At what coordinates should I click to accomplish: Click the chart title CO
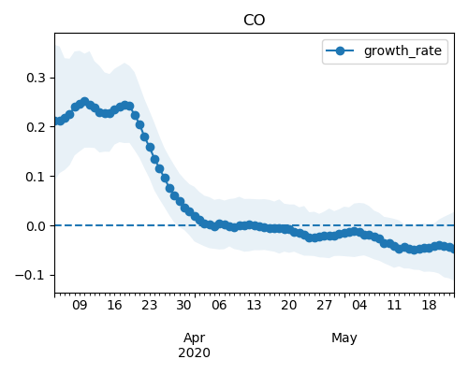coord(255,20)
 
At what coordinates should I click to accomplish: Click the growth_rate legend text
coord(402,50)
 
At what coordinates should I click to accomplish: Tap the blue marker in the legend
coord(340,50)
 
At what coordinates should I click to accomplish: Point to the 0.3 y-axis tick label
coord(37,78)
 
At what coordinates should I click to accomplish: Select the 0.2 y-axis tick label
coord(37,127)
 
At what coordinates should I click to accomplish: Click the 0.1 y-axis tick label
coord(37,177)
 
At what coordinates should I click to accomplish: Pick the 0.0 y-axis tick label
coord(37,226)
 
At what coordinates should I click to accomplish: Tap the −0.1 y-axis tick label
coord(30,276)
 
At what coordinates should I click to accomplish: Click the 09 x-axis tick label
coord(80,305)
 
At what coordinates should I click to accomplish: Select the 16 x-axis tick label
coord(114,305)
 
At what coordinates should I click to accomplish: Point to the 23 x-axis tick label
coord(150,305)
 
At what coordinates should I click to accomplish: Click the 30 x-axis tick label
coord(184,305)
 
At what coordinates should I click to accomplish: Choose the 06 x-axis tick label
coord(219,305)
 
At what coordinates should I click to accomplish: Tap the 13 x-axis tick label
coord(254,305)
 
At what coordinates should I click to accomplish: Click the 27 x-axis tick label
coord(324,305)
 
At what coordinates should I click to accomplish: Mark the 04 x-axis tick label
coord(359,305)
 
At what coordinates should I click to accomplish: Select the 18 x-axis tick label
coord(429,305)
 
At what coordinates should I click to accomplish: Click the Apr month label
coord(195,338)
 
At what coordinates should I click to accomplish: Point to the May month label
coord(344,338)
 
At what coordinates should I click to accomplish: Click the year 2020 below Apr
coord(194,352)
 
